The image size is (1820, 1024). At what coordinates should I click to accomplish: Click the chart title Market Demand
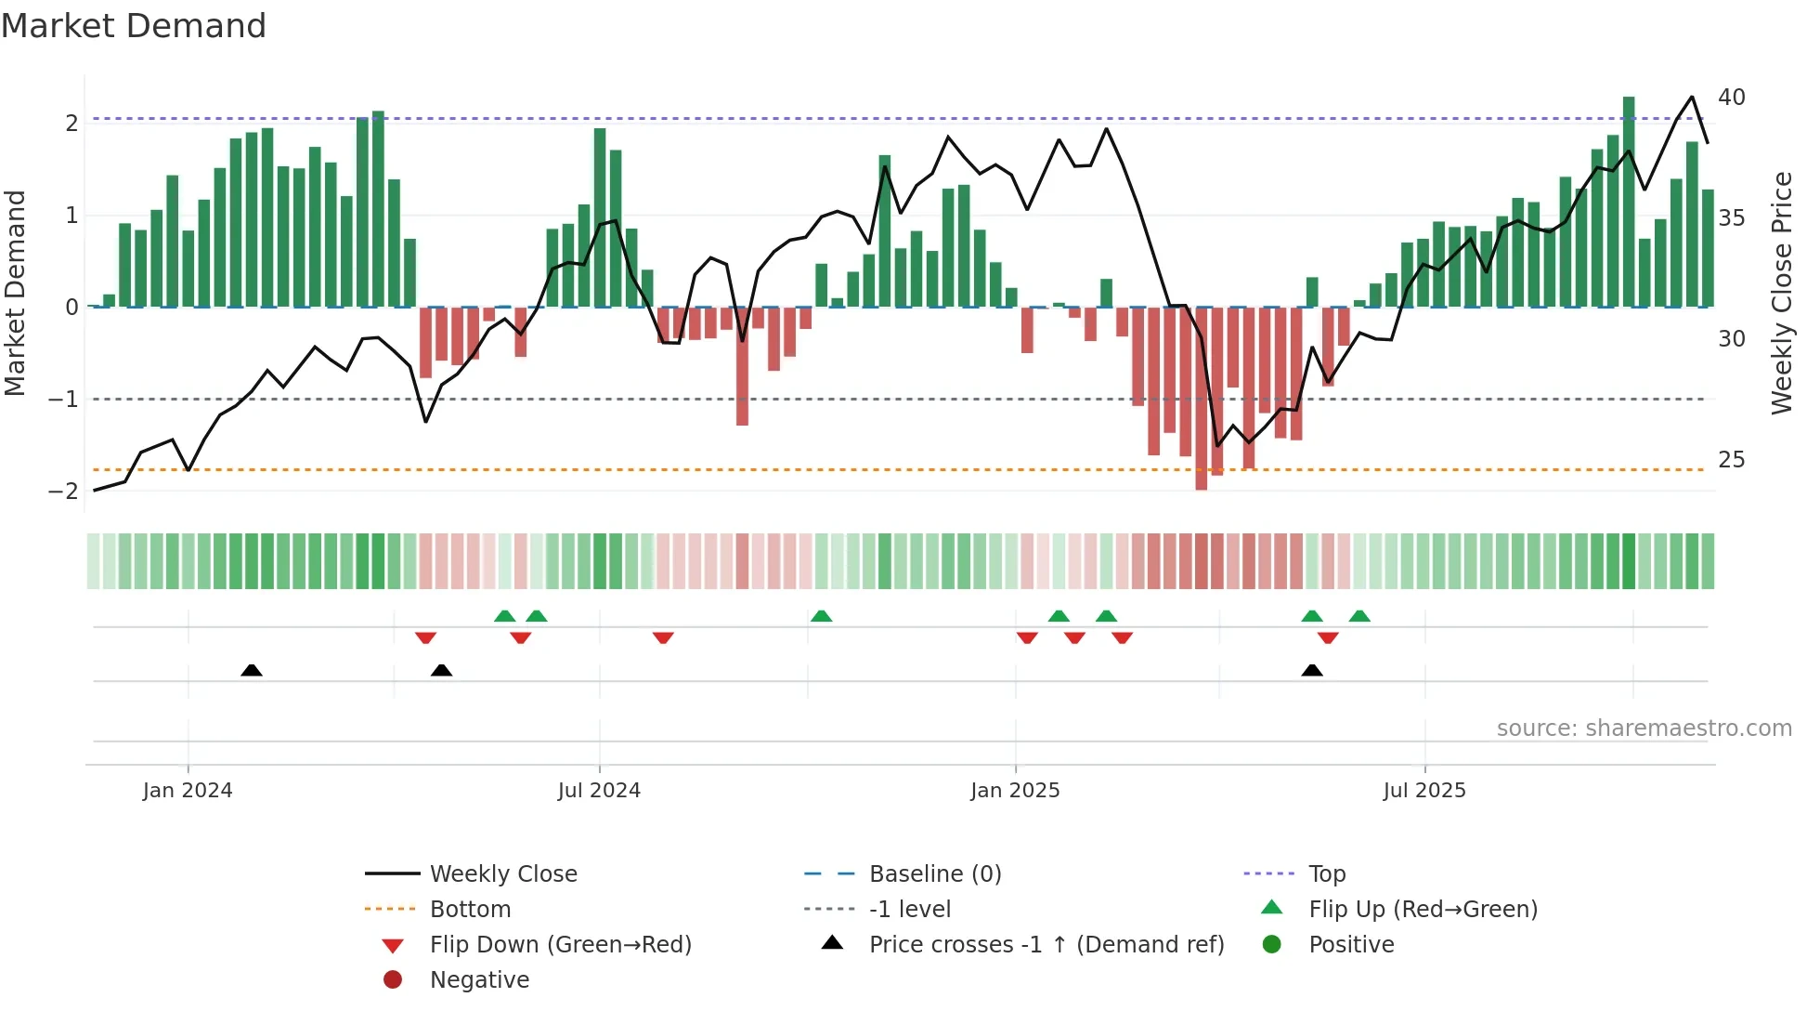coord(134,26)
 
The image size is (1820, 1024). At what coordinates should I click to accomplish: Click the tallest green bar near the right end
coord(1629,201)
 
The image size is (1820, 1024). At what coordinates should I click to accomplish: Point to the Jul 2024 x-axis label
coord(599,791)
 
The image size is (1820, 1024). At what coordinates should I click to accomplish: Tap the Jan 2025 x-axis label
coord(1015,791)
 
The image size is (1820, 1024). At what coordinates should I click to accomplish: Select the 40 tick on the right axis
coord(1731,98)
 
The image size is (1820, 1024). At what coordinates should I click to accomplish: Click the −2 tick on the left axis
coord(64,491)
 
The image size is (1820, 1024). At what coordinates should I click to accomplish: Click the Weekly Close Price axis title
coord(1781,293)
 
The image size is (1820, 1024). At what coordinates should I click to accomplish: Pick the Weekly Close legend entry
coord(502,874)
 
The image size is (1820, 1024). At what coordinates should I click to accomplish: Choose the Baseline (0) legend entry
coord(934,874)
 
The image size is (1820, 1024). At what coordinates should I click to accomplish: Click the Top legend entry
coord(1326,874)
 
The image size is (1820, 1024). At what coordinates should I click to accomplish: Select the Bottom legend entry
coord(470,910)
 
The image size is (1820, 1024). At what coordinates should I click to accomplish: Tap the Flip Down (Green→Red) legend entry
coord(560,945)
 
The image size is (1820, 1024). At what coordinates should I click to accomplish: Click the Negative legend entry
coord(479,980)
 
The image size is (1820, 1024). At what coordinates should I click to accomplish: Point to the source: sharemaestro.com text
coord(1644,729)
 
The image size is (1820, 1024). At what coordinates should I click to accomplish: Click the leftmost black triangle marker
coord(251,670)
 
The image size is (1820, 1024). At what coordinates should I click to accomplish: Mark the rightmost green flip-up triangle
coord(1359,616)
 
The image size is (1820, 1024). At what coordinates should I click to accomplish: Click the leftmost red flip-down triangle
coord(425,637)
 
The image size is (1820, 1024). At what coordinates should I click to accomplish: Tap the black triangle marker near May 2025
coord(1311,670)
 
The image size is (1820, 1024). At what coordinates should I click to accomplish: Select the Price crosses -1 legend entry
coord(1046,945)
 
